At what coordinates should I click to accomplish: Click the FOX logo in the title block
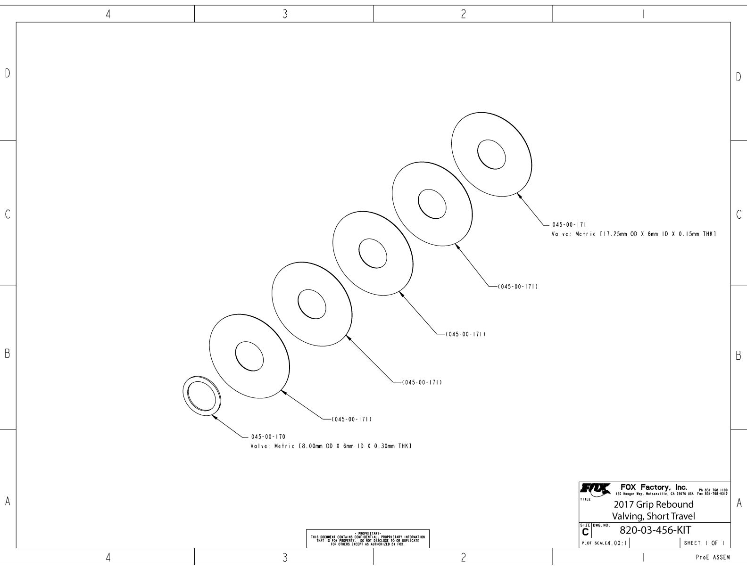(595, 490)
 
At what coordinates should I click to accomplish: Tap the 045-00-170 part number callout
(268, 437)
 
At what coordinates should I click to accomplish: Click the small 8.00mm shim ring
(201, 396)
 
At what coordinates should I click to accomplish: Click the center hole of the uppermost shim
(491, 154)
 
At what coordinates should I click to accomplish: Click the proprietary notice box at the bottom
(368, 538)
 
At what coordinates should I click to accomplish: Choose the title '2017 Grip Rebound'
(653, 504)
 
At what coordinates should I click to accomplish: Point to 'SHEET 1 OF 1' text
(704, 543)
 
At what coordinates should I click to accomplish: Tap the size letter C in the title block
(585, 532)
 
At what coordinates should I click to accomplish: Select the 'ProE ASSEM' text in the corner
(713, 558)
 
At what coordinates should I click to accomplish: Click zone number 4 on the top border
(108, 14)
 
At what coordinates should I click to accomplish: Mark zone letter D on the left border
(8, 73)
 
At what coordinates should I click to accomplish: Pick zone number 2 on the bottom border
(463, 558)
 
